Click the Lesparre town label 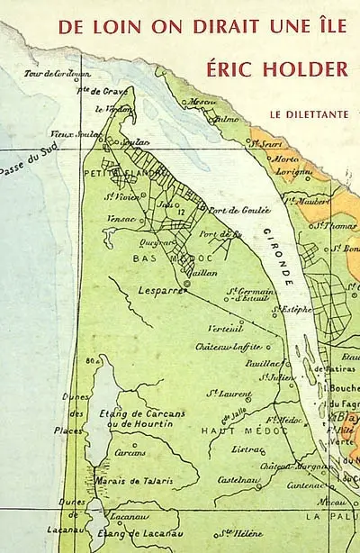click(x=162, y=291)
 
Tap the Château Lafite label click(x=229, y=346)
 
